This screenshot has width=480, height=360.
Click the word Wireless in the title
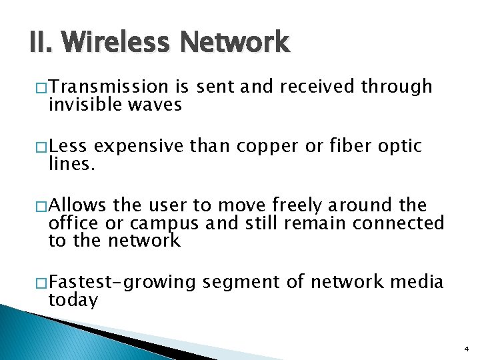pos(118,43)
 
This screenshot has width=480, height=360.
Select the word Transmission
pos(109,87)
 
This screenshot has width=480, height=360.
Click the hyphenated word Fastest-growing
pos(122,283)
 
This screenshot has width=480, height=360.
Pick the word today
pos(73,301)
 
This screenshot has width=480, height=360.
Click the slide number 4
pos(465,348)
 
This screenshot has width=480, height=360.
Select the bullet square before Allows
pos(41,205)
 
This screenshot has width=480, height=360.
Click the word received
pos(317,87)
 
